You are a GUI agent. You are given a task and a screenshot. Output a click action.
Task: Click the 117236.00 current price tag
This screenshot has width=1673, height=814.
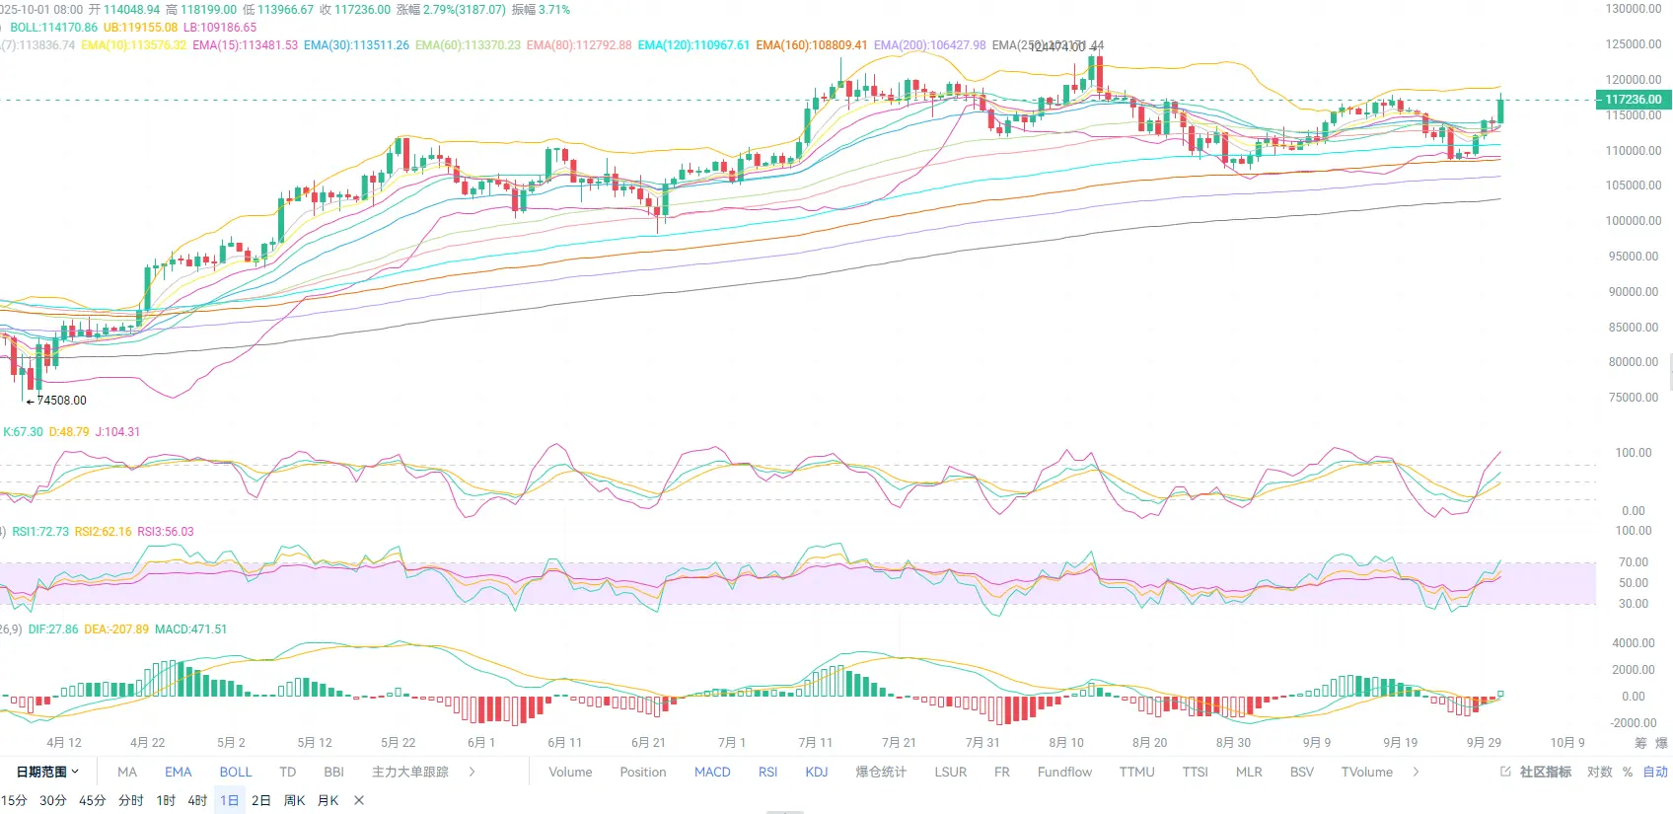click(x=1633, y=100)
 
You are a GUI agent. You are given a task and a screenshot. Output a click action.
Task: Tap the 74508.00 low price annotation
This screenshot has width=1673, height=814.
click(x=61, y=401)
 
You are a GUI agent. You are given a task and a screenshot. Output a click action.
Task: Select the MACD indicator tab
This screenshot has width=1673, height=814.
click(x=712, y=773)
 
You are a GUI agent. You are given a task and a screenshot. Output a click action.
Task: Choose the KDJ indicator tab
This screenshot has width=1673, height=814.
click(x=817, y=773)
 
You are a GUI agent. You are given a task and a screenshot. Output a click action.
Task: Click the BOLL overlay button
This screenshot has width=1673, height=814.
click(x=236, y=773)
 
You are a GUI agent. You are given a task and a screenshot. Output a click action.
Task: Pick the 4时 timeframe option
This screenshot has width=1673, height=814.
click(x=197, y=800)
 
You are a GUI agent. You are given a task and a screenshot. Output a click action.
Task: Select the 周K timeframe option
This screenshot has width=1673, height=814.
click(x=294, y=800)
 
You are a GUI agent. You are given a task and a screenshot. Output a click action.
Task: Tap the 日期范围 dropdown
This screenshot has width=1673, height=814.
click(x=46, y=773)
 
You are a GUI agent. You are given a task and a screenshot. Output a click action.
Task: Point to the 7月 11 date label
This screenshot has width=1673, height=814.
click(x=815, y=743)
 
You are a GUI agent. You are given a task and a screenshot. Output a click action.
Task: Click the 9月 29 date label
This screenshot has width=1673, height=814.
click(x=1484, y=743)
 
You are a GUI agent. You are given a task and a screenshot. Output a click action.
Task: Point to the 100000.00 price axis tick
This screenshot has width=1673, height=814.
click(x=1634, y=221)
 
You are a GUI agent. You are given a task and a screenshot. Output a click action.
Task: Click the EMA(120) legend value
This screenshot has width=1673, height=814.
click(x=693, y=45)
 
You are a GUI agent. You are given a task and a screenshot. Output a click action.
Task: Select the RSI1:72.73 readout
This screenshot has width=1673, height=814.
click(x=40, y=532)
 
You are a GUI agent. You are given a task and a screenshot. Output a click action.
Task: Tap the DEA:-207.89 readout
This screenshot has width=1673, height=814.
click(x=116, y=629)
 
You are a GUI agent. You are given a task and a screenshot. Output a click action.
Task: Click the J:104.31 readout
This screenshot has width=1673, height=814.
click(x=117, y=432)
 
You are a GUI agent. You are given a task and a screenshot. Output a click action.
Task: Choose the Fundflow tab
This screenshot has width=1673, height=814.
click(x=1064, y=773)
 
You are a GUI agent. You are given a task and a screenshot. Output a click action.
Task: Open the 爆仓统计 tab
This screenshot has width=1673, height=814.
click(x=881, y=773)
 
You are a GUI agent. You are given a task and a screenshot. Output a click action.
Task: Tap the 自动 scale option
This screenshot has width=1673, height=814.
click(x=1655, y=773)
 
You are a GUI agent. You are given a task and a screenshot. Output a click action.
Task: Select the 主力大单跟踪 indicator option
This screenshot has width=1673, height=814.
click(x=409, y=773)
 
